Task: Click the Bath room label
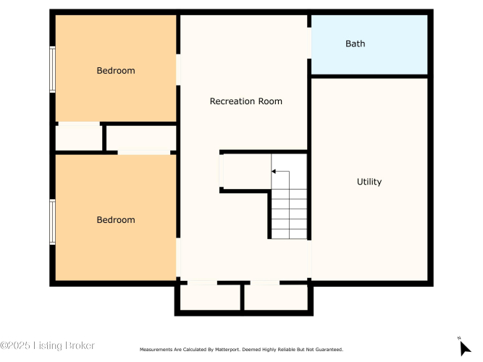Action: click(x=355, y=43)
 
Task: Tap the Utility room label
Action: click(x=369, y=182)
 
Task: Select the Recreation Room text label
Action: click(x=245, y=101)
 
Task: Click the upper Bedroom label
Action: click(x=116, y=70)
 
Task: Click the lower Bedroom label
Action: click(x=116, y=219)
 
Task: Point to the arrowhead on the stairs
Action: click(x=274, y=172)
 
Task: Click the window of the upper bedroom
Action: click(x=53, y=70)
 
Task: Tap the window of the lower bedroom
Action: click(x=53, y=222)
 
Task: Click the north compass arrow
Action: click(x=464, y=348)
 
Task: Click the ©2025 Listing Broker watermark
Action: click(x=47, y=345)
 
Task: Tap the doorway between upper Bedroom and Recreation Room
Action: click(x=178, y=70)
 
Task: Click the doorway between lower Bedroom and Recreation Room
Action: click(x=178, y=258)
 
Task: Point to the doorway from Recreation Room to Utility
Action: click(x=309, y=259)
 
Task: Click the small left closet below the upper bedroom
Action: click(x=79, y=138)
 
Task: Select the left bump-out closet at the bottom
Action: click(x=210, y=298)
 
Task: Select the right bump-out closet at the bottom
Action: click(x=276, y=298)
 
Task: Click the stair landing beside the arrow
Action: click(x=247, y=172)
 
